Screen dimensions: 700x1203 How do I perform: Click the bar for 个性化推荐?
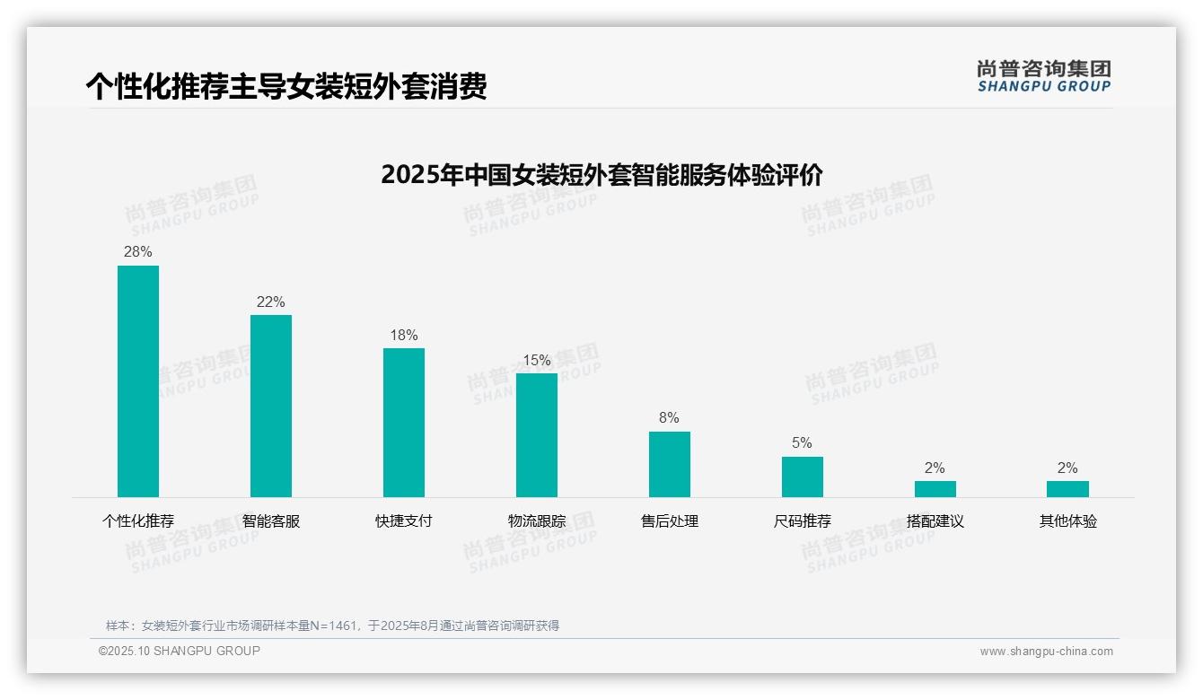click(138, 381)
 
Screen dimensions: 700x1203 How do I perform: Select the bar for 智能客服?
click(271, 406)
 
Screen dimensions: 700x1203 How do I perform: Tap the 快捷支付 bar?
click(404, 423)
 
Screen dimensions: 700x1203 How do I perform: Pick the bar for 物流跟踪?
click(537, 435)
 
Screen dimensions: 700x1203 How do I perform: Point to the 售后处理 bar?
click(670, 464)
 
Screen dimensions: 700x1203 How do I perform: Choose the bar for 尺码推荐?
click(803, 477)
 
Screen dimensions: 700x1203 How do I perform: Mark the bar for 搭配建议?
click(935, 489)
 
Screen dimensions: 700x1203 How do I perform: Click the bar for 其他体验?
click(1067, 489)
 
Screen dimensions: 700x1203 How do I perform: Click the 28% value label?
click(138, 252)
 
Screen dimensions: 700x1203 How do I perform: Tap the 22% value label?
click(271, 302)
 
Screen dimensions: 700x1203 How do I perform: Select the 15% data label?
click(537, 361)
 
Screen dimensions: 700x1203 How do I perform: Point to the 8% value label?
click(670, 418)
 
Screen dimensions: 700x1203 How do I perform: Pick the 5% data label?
click(803, 443)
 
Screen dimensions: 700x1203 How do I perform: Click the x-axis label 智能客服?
click(271, 521)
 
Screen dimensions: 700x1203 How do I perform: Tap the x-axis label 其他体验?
click(1068, 521)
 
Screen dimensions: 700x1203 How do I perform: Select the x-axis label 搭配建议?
click(935, 521)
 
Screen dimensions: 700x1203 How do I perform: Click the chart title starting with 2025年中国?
click(601, 174)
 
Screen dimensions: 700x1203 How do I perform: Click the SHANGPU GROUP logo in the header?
click(1044, 76)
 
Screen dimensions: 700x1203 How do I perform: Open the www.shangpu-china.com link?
click(1046, 652)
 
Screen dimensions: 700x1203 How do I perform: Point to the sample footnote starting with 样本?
click(332, 626)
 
